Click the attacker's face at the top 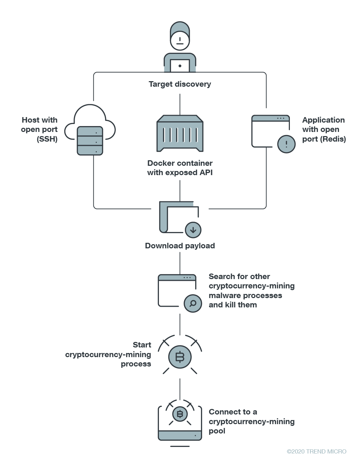[180, 40]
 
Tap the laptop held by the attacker [180, 66]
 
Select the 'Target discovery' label [180, 84]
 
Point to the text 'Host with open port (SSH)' [39, 130]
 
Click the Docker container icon [180, 134]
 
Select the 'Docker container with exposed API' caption [180, 168]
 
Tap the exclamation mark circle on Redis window [286, 144]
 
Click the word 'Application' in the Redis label [323, 120]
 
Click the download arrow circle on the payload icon [193, 230]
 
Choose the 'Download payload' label [180, 246]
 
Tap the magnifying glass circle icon [193, 304]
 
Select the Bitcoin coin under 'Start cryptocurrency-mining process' [180, 357]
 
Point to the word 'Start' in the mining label [142, 345]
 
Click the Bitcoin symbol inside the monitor [180, 414]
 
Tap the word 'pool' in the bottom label [217, 431]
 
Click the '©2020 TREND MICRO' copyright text [316, 451]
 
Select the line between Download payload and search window [180, 263]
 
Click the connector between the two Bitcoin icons [180, 389]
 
